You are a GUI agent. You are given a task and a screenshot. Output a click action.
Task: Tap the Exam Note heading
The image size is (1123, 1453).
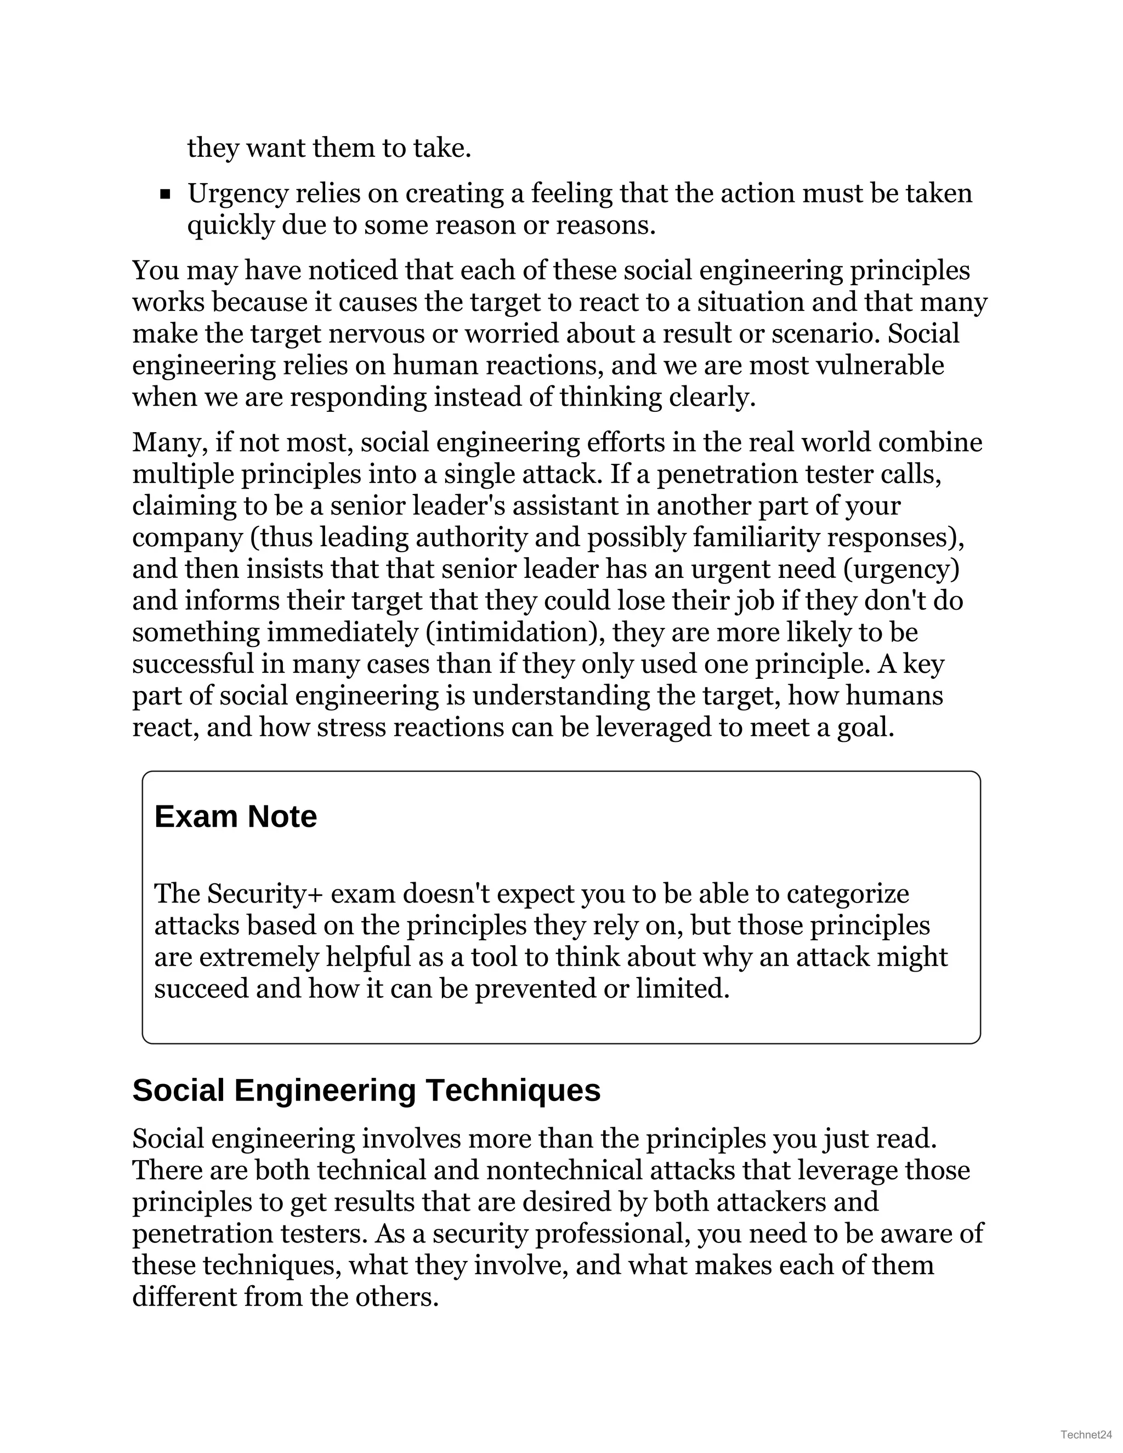coord(235,816)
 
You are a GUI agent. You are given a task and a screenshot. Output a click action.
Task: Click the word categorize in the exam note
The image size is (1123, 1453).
coord(848,894)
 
